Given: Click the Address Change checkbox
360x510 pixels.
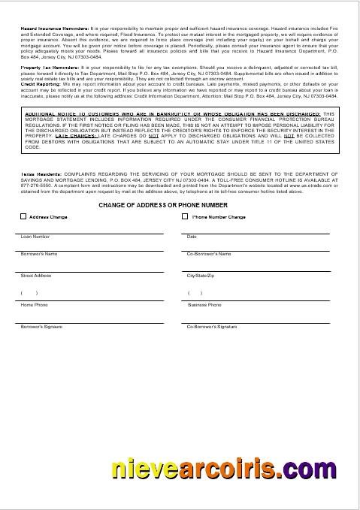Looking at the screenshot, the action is (x=23, y=217).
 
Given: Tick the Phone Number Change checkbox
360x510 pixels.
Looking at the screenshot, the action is (x=185, y=217).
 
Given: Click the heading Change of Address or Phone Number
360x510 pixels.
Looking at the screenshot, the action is (x=162, y=204).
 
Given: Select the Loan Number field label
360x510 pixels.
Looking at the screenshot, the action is (x=35, y=237).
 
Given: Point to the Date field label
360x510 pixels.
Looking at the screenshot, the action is (x=192, y=237).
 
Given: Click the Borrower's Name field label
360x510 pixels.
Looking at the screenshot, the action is (x=39, y=254).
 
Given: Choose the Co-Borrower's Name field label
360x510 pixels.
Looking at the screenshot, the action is (x=208, y=254).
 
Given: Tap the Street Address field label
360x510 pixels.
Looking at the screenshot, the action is (x=36, y=276).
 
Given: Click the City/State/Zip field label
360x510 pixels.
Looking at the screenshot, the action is (x=201, y=276).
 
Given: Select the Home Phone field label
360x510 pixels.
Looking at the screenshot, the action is (x=34, y=305).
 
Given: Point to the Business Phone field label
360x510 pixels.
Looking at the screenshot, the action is (x=204, y=305).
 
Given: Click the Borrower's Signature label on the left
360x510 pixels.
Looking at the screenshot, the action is (x=41, y=327).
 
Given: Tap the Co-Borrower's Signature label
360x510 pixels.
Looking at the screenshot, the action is (x=211, y=327).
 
